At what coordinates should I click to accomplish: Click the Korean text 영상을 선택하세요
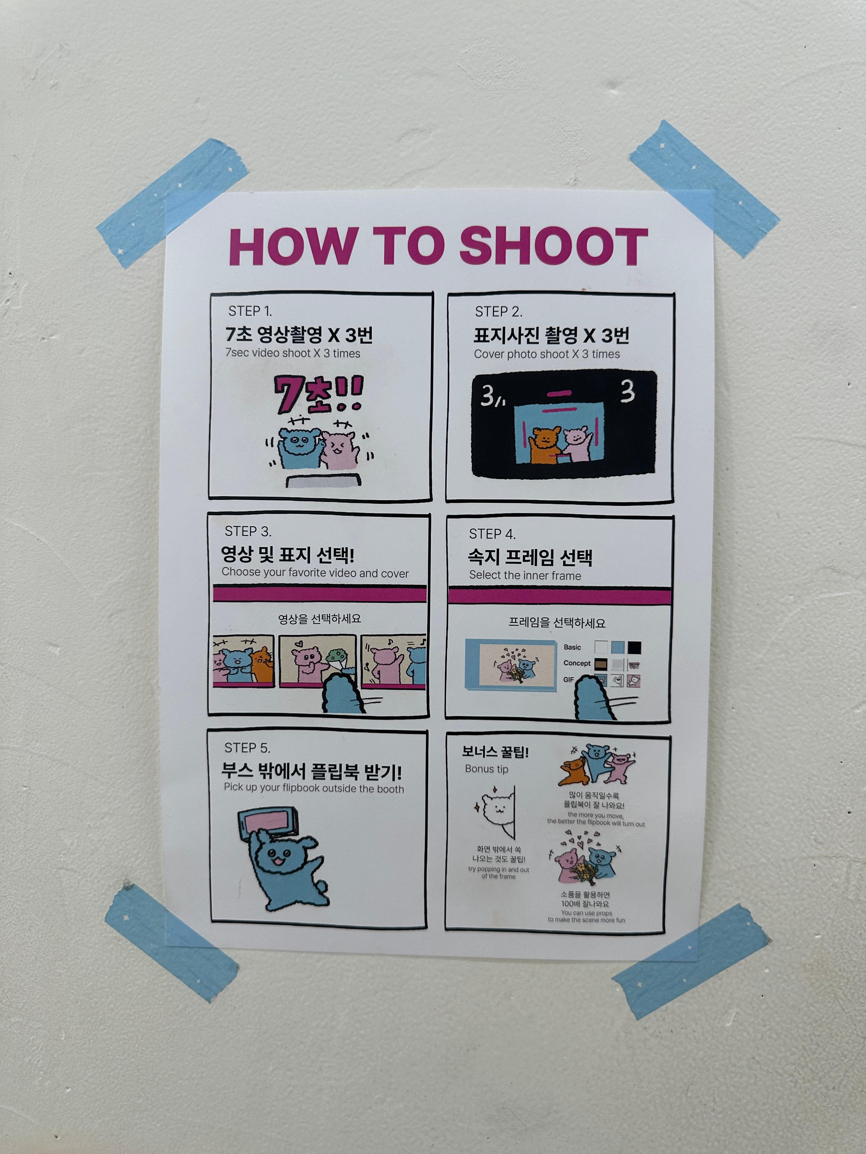[320, 619]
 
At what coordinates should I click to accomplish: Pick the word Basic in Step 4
[572, 647]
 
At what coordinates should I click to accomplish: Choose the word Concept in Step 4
[577, 663]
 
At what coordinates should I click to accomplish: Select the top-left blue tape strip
[172, 203]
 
